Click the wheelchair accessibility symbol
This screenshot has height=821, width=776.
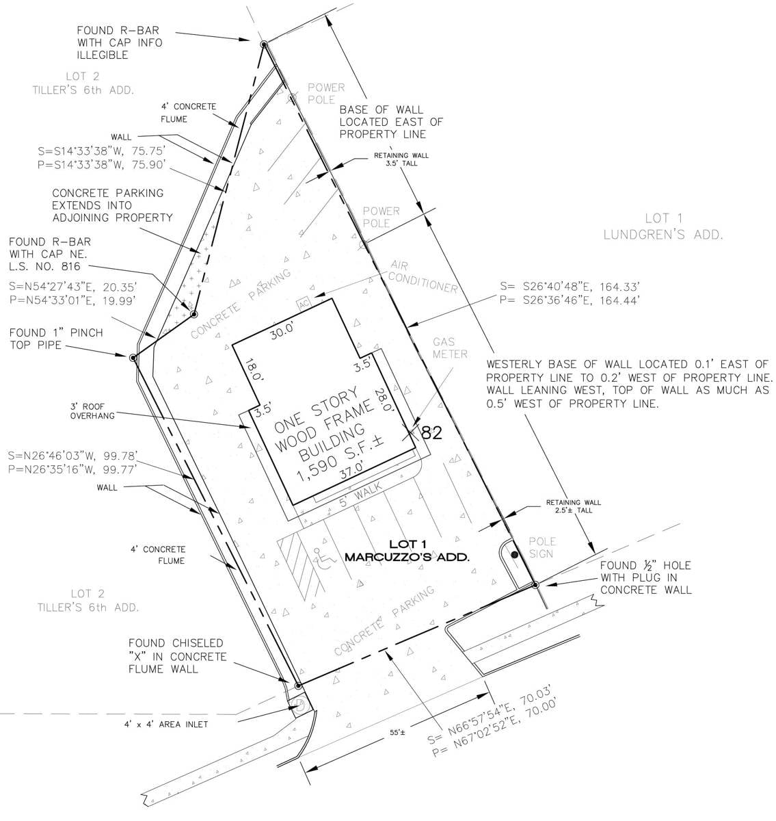(x=324, y=559)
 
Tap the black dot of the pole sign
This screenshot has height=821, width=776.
(x=515, y=555)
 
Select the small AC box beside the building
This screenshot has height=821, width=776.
(x=304, y=304)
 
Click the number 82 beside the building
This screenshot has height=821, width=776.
(x=431, y=432)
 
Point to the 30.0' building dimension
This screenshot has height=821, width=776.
(x=282, y=331)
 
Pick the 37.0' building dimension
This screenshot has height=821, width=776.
(x=351, y=469)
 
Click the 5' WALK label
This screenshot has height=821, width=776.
(x=360, y=494)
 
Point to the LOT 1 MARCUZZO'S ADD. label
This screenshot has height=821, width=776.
(x=407, y=550)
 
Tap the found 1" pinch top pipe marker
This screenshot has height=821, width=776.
(x=133, y=357)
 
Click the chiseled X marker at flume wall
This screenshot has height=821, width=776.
(x=297, y=686)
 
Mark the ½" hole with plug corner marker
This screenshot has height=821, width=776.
(x=535, y=585)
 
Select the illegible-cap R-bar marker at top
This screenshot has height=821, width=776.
(x=264, y=44)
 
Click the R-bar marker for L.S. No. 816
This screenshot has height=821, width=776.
(x=193, y=313)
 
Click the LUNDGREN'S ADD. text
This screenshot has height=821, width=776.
(x=663, y=235)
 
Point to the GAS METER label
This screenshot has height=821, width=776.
(x=450, y=348)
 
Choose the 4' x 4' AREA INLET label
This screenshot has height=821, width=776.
(x=165, y=724)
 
